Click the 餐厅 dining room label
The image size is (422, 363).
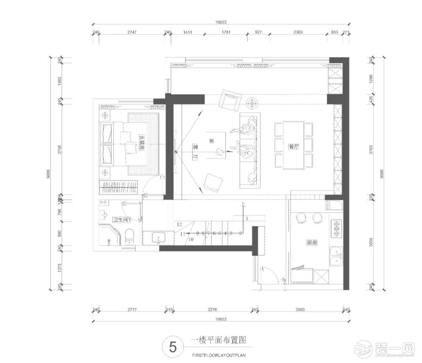point(293,147)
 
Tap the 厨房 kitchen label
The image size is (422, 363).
point(311,243)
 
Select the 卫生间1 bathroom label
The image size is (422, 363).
point(122,220)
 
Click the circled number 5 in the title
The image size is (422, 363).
point(172,347)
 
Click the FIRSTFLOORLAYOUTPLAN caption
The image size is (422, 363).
point(219,356)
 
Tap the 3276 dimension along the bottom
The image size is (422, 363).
point(212,310)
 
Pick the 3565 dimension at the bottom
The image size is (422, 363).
point(300,310)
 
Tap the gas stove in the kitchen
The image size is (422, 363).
point(336,229)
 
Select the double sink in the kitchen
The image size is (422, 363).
point(336,257)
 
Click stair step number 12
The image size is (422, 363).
point(180,225)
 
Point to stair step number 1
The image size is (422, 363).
point(247,217)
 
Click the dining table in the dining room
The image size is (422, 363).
point(294,145)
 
